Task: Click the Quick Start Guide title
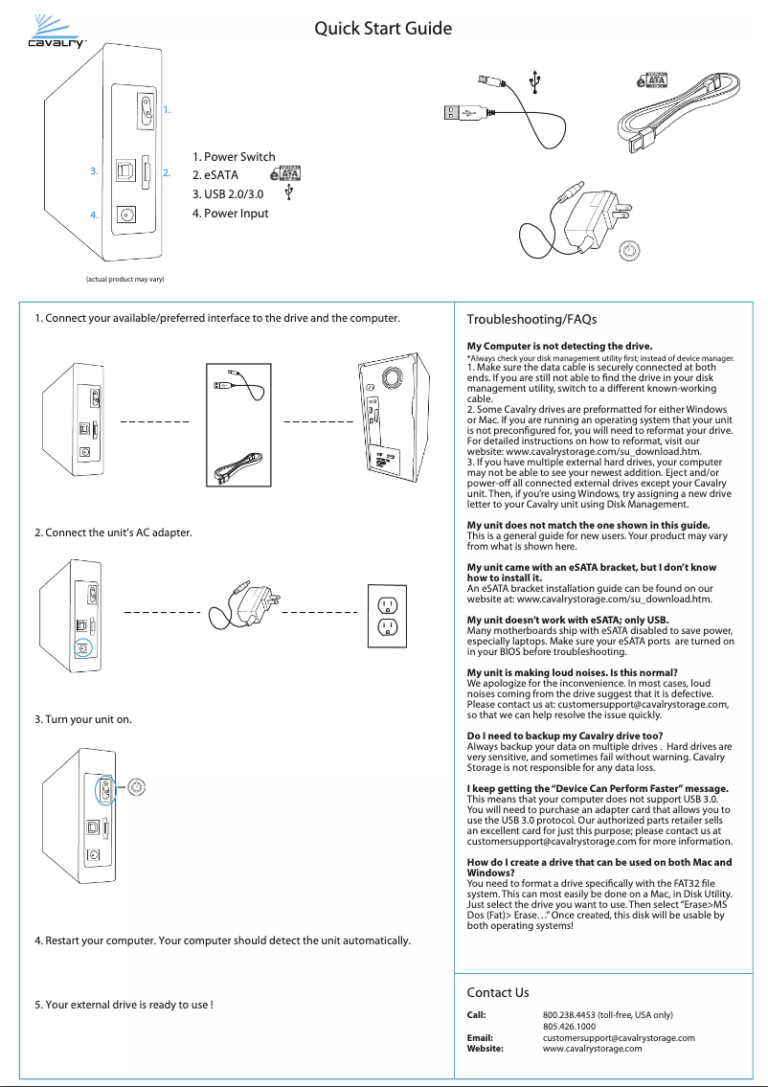(x=383, y=30)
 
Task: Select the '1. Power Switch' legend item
(x=234, y=157)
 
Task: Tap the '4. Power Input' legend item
(x=231, y=213)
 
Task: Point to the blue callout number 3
(x=94, y=171)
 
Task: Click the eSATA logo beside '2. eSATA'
(x=286, y=173)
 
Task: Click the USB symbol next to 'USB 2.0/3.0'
(x=290, y=192)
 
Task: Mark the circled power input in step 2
(x=83, y=648)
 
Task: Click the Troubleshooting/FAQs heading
(x=531, y=319)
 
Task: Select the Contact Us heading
(x=497, y=992)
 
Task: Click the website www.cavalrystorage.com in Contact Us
(x=592, y=1049)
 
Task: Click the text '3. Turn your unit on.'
(x=84, y=716)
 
